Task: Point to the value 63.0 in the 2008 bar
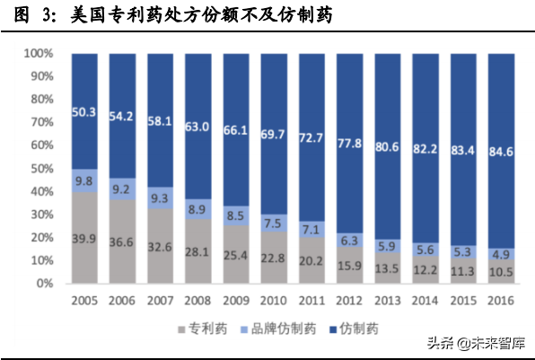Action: pyautogui.click(x=197, y=127)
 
